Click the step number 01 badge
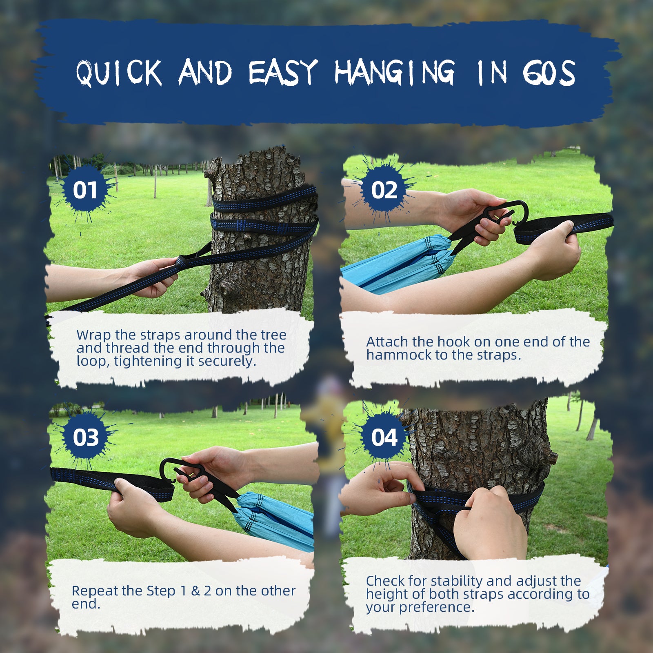coord(85,190)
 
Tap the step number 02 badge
coord(384,190)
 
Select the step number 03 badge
coord(86,438)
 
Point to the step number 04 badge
coord(384,438)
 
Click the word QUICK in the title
coord(119,73)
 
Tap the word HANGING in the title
coord(395,73)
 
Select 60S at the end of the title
coord(549,73)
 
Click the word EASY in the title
coord(283,73)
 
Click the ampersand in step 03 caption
coord(195,591)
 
